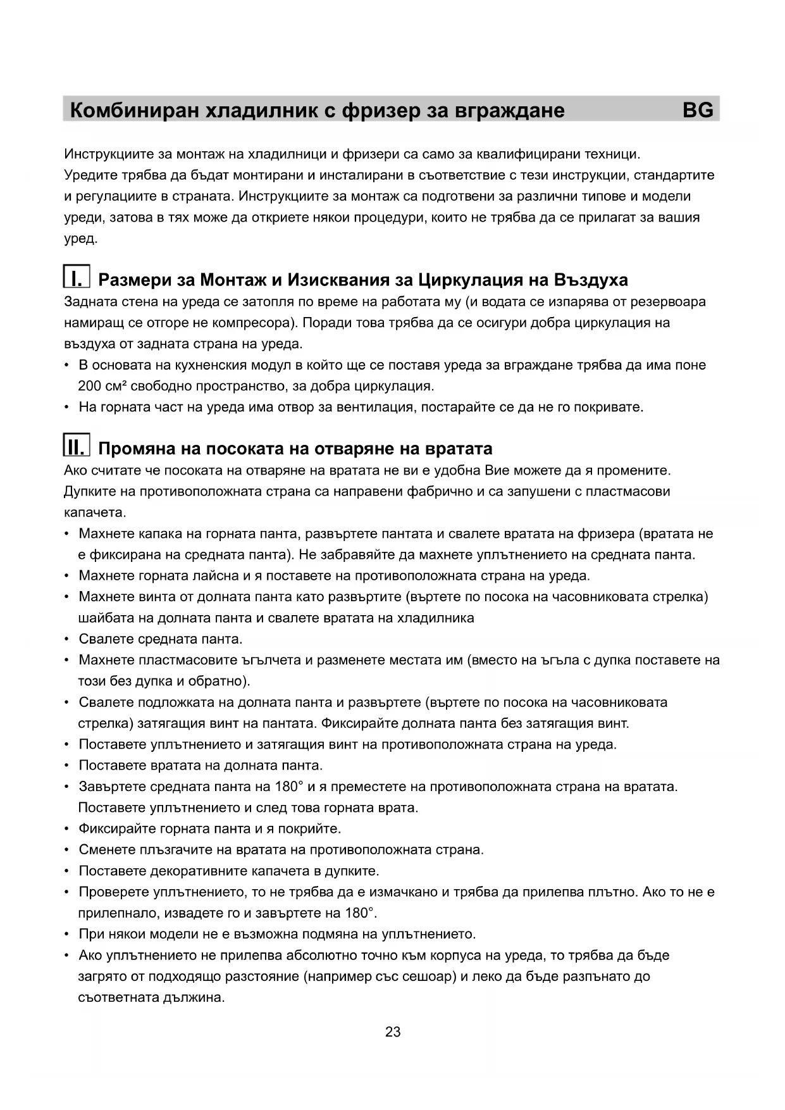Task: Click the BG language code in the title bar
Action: (x=698, y=110)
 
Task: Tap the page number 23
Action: (x=392, y=1032)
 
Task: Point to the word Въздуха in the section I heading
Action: (x=591, y=280)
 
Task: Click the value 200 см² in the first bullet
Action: (x=102, y=386)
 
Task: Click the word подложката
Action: (x=175, y=702)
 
